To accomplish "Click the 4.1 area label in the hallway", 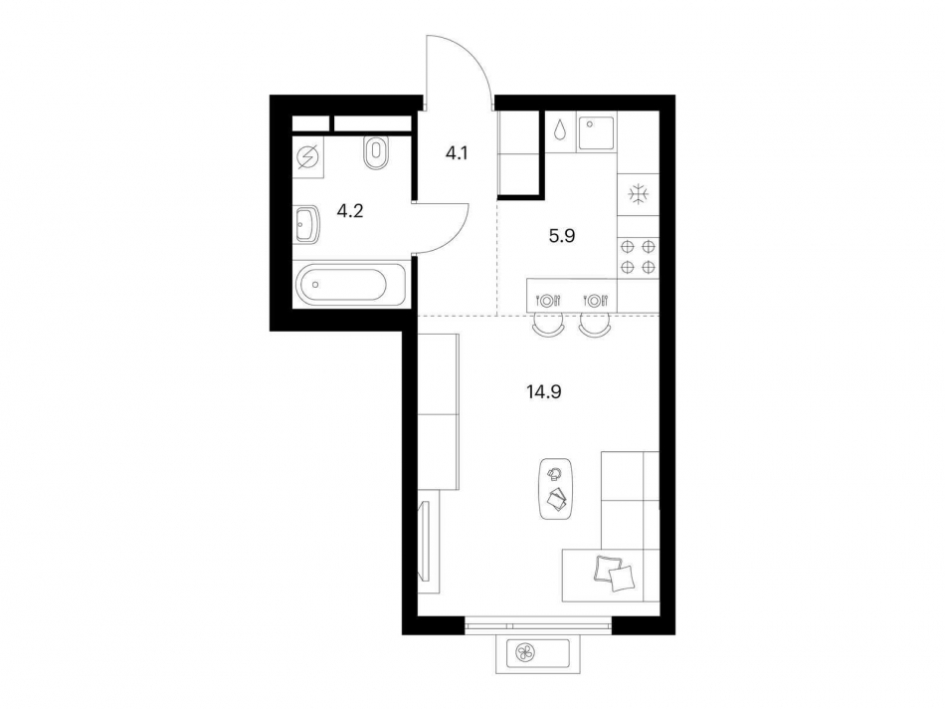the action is [x=457, y=154].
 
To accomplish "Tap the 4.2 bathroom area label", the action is [x=349, y=211].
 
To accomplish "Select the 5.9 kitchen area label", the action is [x=562, y=236].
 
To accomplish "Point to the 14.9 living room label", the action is [x=544, y=392].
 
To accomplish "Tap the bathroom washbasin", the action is [x=306, y=224].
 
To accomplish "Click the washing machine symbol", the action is [x=308, y=158].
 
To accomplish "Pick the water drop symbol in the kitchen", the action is [x=560, y=130].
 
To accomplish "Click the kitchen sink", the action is [x=596, y=133].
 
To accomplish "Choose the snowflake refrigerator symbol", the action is [x=637, y=194].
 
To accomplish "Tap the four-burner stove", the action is [x=638, y=256].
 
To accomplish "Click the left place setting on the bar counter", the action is [x=548, y=300].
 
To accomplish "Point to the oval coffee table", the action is [x=556, y=489].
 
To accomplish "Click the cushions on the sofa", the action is [x=614, y=572].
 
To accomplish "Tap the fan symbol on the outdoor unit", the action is [x=523, y=651].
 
